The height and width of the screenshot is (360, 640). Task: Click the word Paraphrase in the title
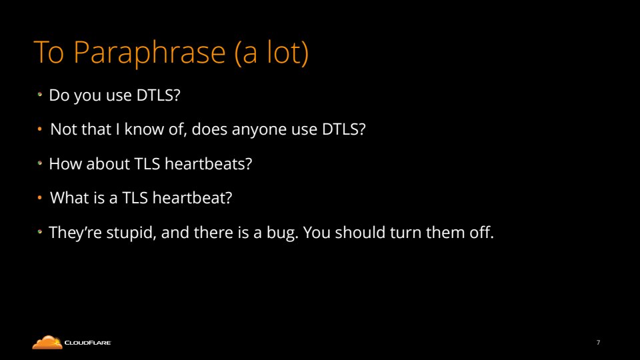[149, 53]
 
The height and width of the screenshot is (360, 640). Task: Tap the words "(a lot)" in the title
[271, 53]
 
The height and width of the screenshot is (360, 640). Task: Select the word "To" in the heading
[49, 52]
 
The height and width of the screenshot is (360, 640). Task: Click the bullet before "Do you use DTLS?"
[39, 95]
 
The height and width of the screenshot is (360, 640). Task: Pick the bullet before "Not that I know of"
[39, 129]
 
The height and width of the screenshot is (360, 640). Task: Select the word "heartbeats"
[208, 164]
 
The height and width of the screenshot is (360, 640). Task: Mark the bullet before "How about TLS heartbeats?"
[39, 163]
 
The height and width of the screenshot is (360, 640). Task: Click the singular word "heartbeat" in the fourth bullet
[192, 198]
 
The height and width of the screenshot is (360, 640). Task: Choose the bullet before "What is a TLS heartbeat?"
[39, 197]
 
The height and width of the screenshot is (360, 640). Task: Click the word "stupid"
[131, 233]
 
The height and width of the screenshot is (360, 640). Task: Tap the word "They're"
[75, 233]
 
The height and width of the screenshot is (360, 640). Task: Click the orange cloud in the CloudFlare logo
[47, 343]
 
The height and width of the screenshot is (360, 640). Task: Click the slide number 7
[599, 343]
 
